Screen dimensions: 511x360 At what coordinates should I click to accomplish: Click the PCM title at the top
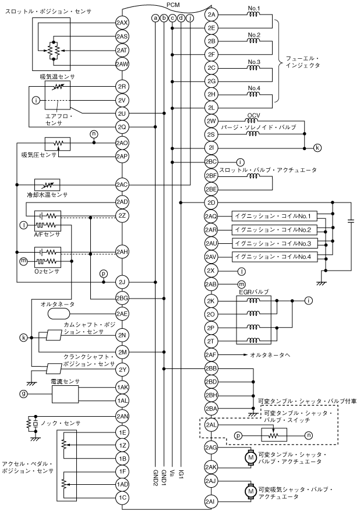coord(173,5)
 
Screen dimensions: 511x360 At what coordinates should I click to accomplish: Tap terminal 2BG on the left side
coord(122,298)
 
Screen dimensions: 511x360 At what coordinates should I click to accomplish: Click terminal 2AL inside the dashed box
coord(211,426)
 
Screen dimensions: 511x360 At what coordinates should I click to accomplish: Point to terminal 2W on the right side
coord(211,121)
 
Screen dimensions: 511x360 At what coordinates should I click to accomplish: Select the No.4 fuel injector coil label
coord(253,89)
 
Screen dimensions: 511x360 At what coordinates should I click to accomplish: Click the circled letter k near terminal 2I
coord(317,147)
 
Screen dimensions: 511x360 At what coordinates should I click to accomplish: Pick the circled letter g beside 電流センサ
coord(24,394)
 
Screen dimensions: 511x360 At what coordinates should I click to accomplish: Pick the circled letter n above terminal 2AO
coord(93,134)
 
